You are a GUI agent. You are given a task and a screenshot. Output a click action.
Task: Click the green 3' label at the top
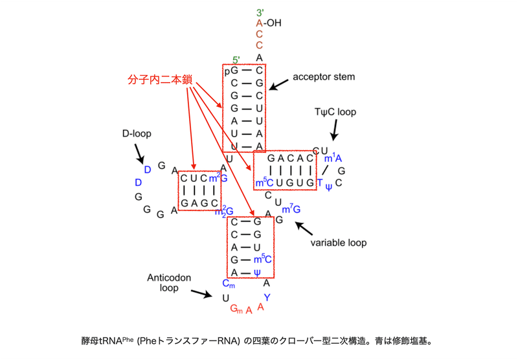pos(259,13)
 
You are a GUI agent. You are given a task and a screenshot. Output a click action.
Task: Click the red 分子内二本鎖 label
pos(160,80)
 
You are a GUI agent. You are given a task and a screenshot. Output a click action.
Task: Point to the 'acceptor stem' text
pos(324,76)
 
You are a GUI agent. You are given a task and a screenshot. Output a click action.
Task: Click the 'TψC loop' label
pos(335,112)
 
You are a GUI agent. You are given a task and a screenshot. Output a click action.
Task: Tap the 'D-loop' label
pos(136,134)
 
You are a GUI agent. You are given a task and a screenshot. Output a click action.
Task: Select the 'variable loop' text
pos(338,243)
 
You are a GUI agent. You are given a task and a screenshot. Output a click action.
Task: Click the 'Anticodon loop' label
pos(169,282)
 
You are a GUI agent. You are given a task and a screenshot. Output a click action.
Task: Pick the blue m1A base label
pos(333,158)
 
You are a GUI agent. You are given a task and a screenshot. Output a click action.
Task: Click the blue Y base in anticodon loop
pos(265,297)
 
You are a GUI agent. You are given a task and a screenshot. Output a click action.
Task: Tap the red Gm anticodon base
pos(237,309)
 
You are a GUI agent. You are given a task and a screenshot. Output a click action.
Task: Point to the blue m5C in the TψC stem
pos(265,183)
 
